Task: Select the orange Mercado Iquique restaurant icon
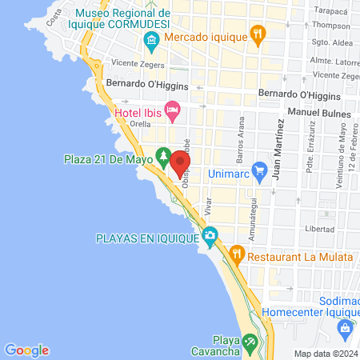pos(258,34)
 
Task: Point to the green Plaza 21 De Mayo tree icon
pos(162,154)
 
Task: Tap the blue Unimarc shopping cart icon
pos(258,170)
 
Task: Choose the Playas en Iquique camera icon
pos(210,235)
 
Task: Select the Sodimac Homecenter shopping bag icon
pos(345,327)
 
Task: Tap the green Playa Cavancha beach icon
pos(250,342)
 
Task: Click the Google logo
pos(27,350)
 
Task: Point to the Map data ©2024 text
pos(325,354)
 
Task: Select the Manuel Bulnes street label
pos(319,113)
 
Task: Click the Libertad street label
pos(318,229)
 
